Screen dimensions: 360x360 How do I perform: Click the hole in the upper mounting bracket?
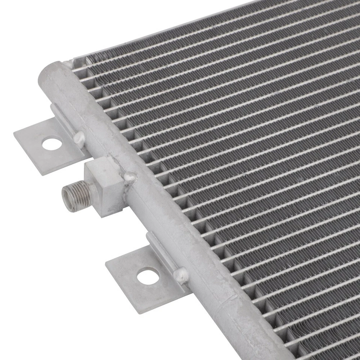point(51,143)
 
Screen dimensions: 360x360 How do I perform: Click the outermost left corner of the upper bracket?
point(14,134)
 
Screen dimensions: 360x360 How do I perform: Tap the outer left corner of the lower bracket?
point(106,264)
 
